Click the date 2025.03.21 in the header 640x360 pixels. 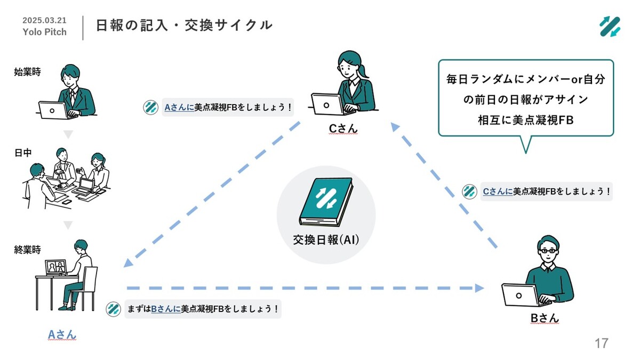click(44, 20)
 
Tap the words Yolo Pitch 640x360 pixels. click(45, 31)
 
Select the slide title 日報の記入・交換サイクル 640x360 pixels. click(185, 25)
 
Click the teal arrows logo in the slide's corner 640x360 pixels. click(610, 27)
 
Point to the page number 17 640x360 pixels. click(602, 343)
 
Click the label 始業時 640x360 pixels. click(27, 71)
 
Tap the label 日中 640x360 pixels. click(23, 153)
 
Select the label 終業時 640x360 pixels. click(27, 250)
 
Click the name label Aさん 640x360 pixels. click(62, 334)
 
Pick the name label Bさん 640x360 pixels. click(545, 318)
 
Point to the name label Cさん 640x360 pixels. click(343, 129)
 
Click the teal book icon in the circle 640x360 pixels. click(326, 202)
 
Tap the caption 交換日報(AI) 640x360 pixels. click(326, 239)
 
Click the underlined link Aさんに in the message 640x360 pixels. click(179, 107)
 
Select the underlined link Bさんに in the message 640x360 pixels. click(166, 309)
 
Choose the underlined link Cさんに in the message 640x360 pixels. click(498, 191)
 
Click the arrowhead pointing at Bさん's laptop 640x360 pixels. click(479, 288)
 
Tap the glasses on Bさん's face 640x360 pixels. click(548, 251)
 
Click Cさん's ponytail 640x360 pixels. click(362, 71)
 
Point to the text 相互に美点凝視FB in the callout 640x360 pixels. click(526, 120)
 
